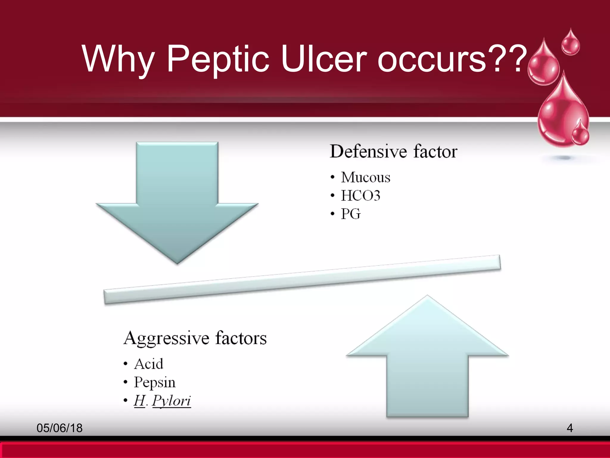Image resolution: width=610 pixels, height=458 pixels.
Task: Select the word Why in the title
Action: click(x=118, y=59)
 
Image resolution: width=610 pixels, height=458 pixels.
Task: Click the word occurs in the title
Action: click(x=432, y=59)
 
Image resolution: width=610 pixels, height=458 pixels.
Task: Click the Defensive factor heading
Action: click(x=393, y=151)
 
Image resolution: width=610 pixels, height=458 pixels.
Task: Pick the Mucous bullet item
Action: click(x=365, y=177)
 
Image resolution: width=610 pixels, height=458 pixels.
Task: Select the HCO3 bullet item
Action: click(x=360, y=196)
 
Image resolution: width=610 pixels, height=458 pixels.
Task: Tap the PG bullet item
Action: click(x=351, y=214)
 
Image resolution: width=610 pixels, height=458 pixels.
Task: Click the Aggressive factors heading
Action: click(x=195, y=338)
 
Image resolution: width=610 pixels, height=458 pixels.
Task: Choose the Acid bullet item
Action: click(x=149, y=364)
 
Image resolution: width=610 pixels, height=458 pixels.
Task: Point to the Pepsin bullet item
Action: click(x=155, y=383)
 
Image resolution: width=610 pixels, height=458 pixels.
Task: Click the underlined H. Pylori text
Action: click(x=162, y=401)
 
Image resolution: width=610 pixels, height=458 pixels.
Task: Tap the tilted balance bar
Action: click(x=302, y=279)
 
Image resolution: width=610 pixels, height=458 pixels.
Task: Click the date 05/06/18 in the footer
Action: click(x=60, y=428)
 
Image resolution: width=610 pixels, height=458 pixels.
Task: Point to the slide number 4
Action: click(x=569, y=428)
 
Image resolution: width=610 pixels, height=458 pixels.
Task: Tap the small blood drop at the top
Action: click(x=570, y=44)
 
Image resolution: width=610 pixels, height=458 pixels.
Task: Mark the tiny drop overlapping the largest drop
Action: click(x=580, y=134)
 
